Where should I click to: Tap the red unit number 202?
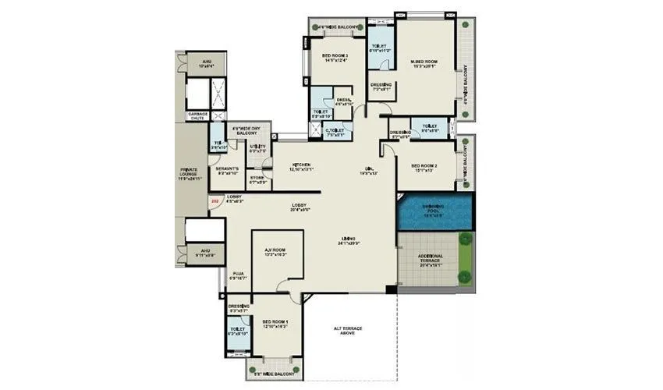pos(214,203)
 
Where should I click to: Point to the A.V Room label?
pos(275,252)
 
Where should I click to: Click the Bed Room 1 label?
pos(275,324)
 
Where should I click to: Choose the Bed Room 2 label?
pos(424,168)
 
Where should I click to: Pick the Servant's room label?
pos(226,172)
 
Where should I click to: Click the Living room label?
pos(348,240)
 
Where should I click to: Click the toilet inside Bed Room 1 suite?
pos(239,331)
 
